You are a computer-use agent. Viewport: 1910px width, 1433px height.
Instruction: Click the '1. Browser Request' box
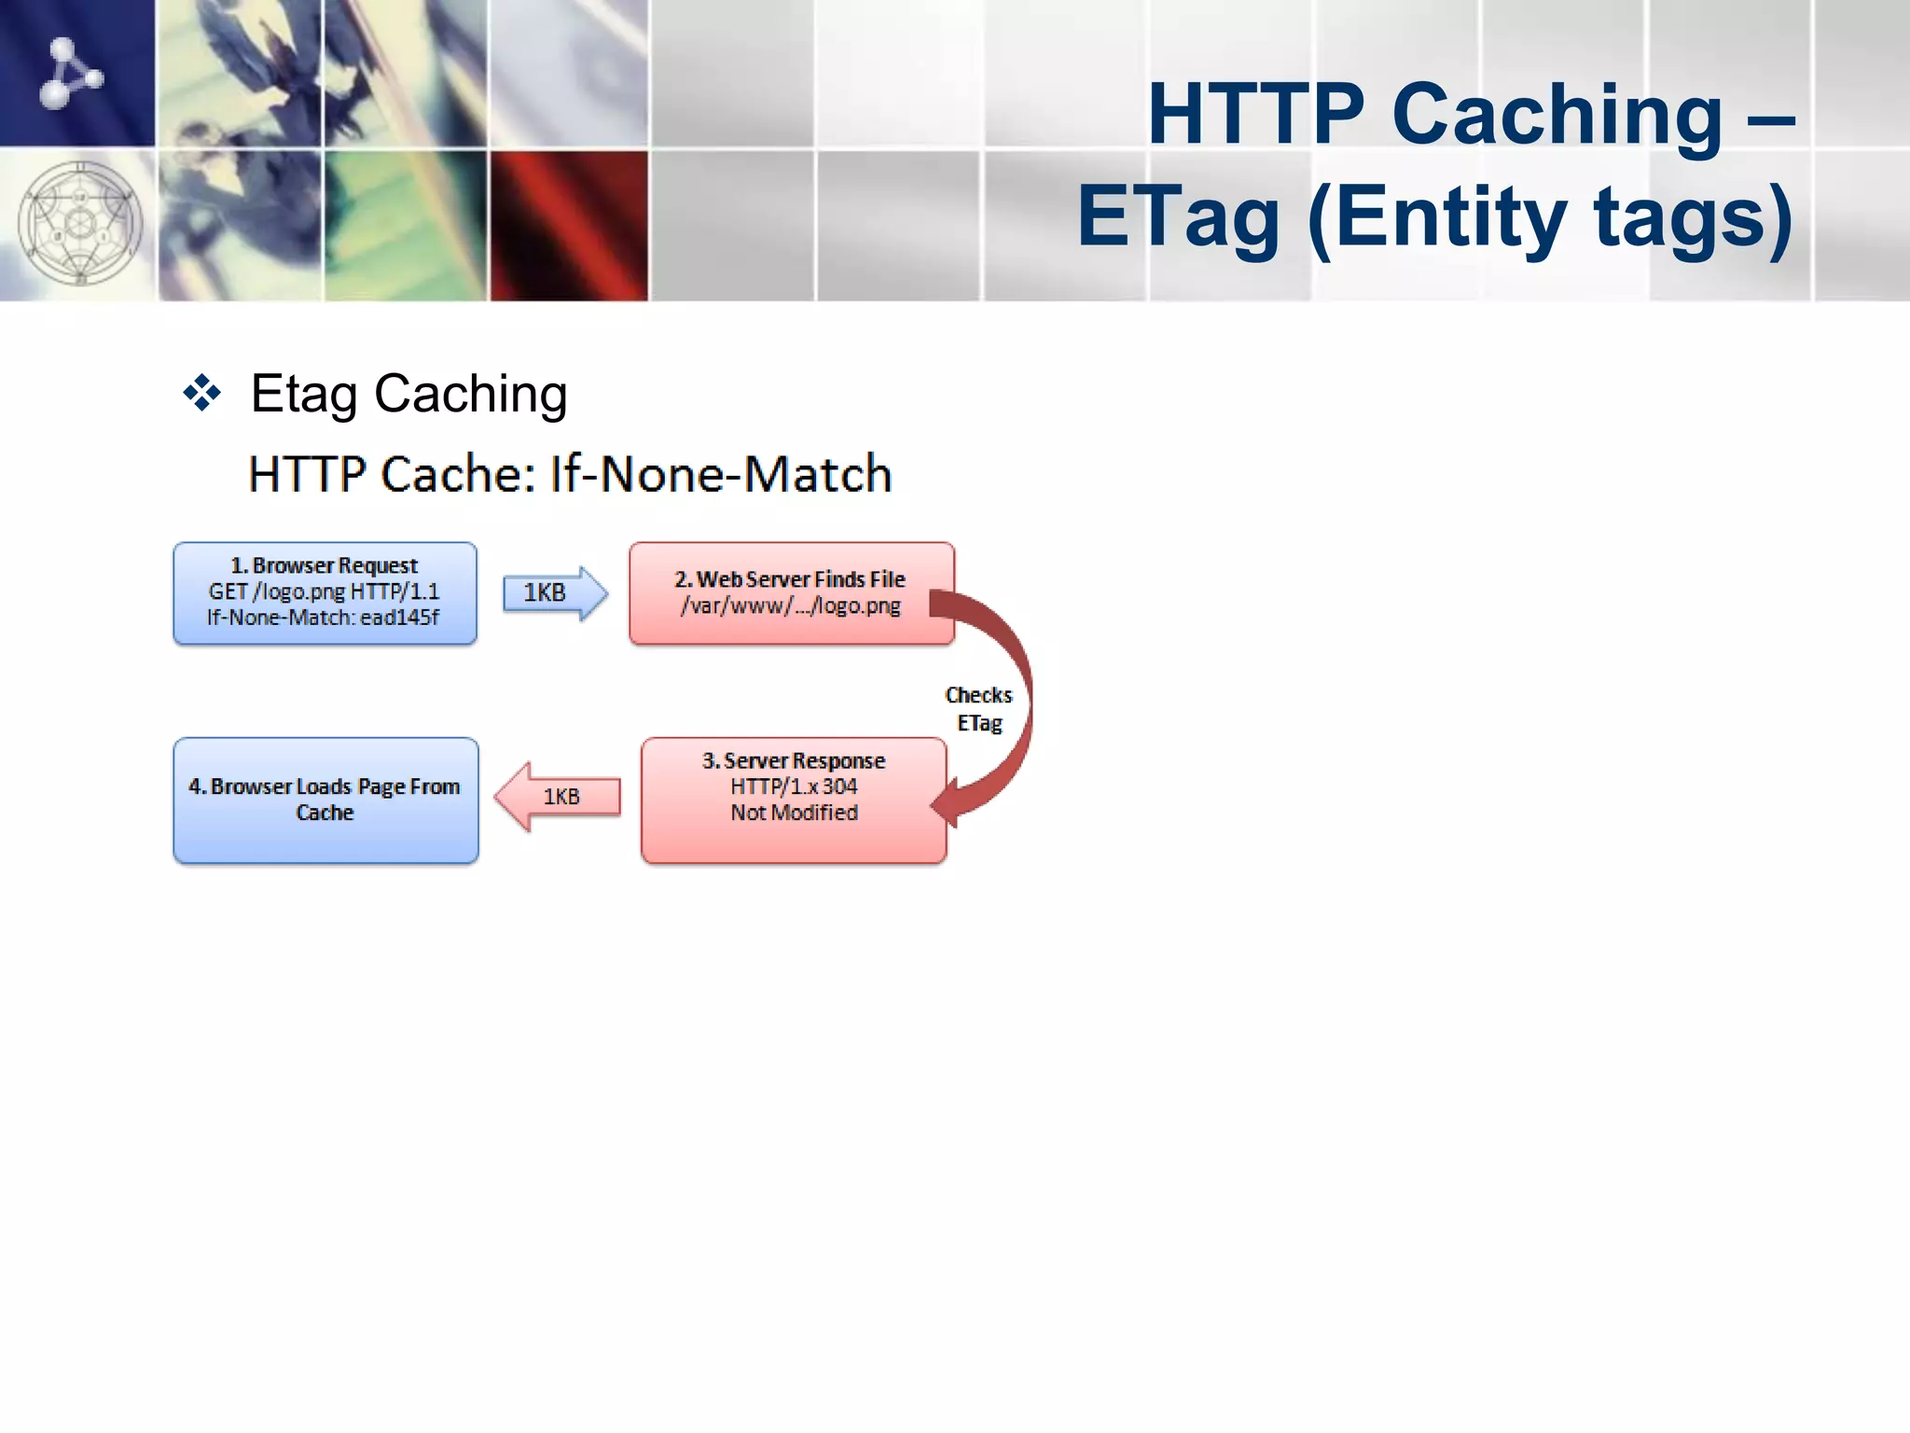click(325, 593)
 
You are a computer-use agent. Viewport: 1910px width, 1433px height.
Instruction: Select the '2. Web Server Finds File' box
click(791, 593)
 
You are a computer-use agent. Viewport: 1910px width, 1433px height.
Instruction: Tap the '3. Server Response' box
click(793, 800)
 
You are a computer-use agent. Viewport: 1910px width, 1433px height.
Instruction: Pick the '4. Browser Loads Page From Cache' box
click(325, 800)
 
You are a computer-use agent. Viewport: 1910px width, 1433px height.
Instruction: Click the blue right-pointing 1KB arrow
click(554, 593)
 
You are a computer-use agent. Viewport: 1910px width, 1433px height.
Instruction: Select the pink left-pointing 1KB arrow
click(558, 797)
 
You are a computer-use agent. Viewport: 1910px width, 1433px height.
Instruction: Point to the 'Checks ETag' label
click(978, 709)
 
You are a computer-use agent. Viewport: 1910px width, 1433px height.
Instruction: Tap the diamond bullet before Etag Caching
click(202, 394)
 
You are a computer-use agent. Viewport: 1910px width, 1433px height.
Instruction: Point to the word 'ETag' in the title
click(1178, 216)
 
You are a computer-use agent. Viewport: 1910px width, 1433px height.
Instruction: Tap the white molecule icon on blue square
click(71, 73)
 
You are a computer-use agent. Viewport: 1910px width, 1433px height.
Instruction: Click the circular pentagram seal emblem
click(80, 224)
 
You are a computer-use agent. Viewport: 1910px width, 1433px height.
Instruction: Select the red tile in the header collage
click(569, 226)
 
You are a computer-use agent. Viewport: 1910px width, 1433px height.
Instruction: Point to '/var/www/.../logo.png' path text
click(791, 606)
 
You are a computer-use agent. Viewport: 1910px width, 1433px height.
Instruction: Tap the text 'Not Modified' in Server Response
click(794, 813)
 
